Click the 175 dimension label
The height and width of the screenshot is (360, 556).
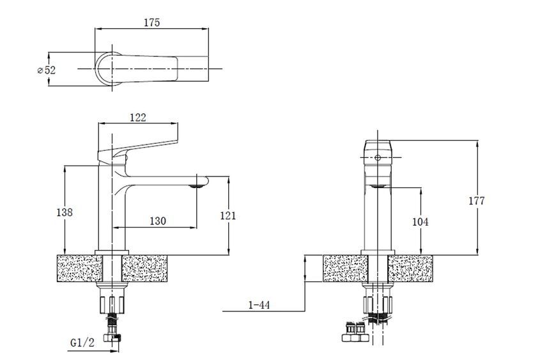[x=151, y=22]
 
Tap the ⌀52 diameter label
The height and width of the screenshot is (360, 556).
[x=47, y=70]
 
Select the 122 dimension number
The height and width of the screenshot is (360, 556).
[x=138, y=118]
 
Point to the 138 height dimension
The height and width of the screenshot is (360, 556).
[x=65, y=212]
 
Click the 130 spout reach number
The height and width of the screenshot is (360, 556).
[x=158, y=221]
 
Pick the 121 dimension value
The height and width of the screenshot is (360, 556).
[x=228, y=215]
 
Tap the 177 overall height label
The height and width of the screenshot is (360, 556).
[x=476, y=201]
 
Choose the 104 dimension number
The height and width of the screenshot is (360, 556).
[x=420, y=222]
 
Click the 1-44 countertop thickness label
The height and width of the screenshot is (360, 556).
[x=259, y=304]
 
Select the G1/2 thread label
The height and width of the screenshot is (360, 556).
[x=82, y=343]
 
